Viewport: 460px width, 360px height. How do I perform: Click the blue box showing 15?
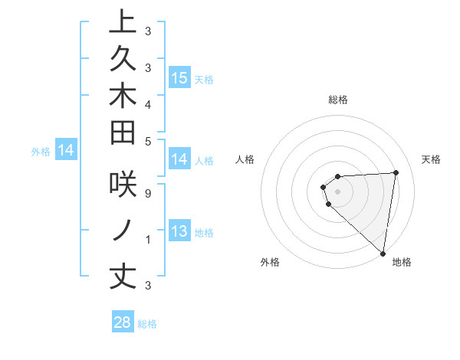click(179, 77)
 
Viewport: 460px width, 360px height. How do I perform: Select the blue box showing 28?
click(123, 322)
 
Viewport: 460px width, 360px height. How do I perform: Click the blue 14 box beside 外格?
click(66, 151)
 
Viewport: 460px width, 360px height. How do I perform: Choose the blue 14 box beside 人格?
click(179, 159)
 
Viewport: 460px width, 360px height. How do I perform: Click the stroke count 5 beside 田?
click(147, 141)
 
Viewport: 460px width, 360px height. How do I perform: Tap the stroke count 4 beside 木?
click(147, 103)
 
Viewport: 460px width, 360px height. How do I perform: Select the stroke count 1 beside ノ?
click(147, 239)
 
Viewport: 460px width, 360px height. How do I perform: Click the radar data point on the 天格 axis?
click(396, 172)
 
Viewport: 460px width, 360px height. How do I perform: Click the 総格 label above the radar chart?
click(338, 100)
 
